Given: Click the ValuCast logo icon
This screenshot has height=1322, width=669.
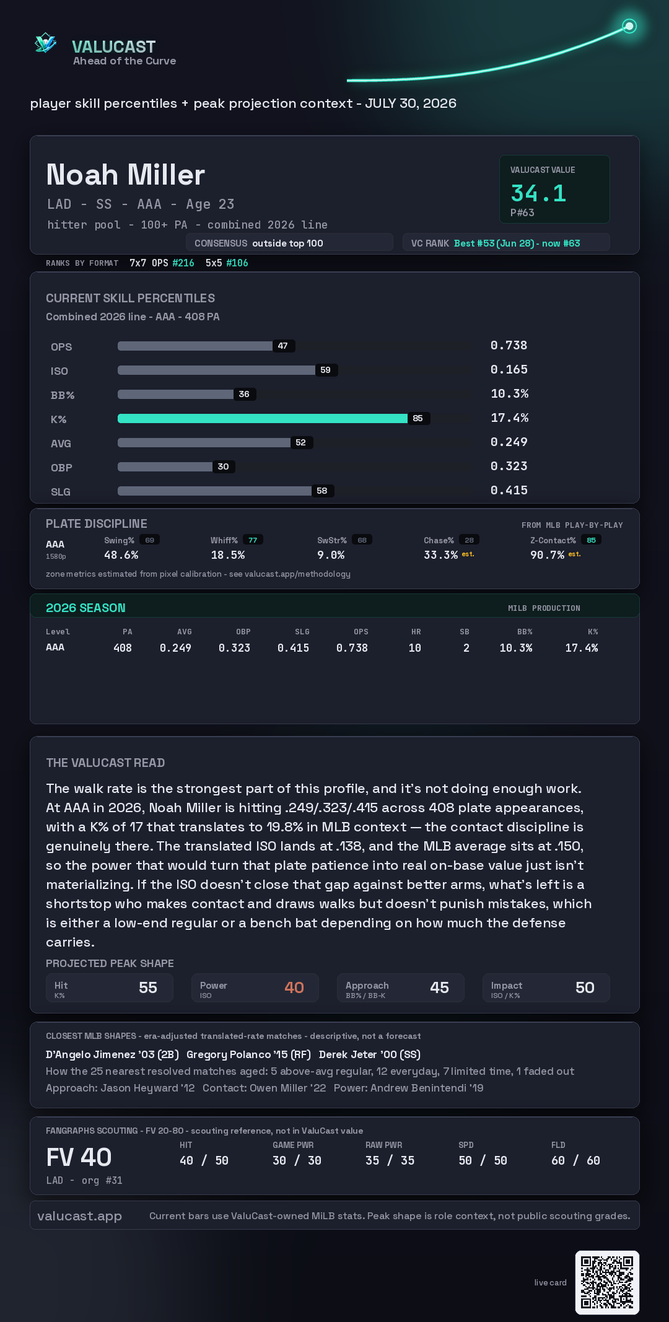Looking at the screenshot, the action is pyautogui.click(x=46, y=43).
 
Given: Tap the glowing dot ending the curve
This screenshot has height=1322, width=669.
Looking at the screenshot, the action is pyautogui.click(x=629, y=26).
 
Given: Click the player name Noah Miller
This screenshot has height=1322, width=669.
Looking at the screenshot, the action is pyautogui.click(x=126, y=175).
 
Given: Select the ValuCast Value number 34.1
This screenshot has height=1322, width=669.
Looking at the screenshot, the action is pyautogui.click(x=538, y=193).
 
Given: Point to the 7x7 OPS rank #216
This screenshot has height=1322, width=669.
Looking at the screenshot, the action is pyautogui.click(x=183, y=263).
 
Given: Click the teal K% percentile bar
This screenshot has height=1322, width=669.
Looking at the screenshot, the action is pyautogui.click(x=263, y=418).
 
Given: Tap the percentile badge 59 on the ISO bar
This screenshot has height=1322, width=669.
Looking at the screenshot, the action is pyautogui.click(x=326, y=370).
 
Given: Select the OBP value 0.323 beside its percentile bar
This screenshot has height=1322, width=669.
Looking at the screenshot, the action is pyautogui.click(x=509, y=466).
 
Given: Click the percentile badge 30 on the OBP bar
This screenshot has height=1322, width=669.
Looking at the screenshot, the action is pyautogui.click(x=224, y=466).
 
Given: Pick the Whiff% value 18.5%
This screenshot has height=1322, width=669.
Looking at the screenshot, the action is pyautogui.click(x=228, y=555).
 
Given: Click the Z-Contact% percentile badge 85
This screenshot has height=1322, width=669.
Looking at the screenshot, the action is pyautogui.click(x=592, y=540).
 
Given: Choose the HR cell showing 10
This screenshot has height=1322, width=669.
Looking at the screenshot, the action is pyautogui.click(x=415, y=648).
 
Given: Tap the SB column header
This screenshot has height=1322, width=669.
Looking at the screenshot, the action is pyautogui.click(x=465, y=632).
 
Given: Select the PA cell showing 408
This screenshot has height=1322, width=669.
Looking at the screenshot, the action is pyautogui.click(x=123, y=648).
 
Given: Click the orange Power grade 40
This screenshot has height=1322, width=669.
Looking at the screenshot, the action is pyautogui.click(x=294, y=987).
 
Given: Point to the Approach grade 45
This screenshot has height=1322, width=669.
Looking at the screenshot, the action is pyautogui.click(x=440, y=987).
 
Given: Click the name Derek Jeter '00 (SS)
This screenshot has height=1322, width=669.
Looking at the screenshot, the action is pyautogui.click(x=370, y=1054).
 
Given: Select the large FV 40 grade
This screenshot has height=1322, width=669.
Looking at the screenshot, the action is pyautogui.click(x=79, y=1157).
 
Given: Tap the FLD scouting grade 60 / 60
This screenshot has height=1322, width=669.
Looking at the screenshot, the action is pyautogui.click(x=576, y=1160).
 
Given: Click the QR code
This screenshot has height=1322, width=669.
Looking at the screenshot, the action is pyautogui.click(x=607, y=1282).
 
